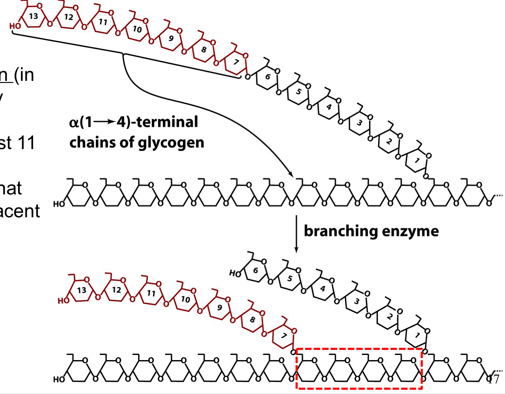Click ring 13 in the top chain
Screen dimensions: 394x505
(x=34, y=17)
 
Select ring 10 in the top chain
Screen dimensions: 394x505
(x=137, y=29)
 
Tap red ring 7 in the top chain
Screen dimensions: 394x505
(x=236, y=62)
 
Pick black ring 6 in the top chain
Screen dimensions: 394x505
(x=268, y=77)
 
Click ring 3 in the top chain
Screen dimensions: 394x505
(x=359, y=123)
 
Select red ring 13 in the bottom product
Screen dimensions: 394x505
(x=82, y=290)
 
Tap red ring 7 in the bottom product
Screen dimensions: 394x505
(x=283, y=336)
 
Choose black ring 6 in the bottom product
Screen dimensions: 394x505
(x=255, y=271)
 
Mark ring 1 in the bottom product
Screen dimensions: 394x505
(x=417, y=336)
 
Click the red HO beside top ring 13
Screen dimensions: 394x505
(x=15, y=26)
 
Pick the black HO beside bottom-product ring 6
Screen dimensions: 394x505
(x=235, y=273)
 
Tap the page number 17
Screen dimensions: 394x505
(x=493, y=379)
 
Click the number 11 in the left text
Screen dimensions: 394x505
(x=26, y=143)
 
